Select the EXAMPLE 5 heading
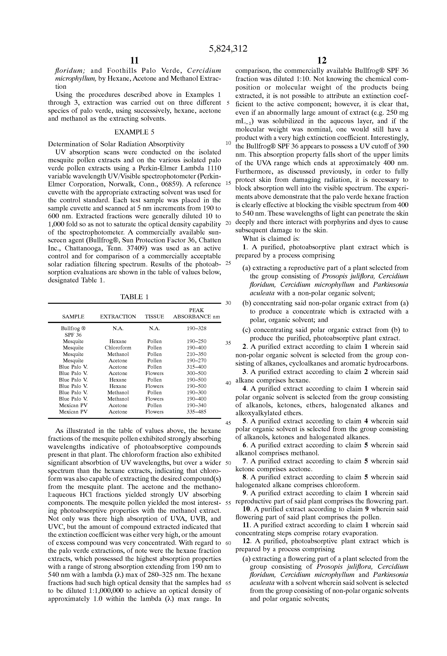click(134, 132)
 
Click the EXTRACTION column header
click(118, 317)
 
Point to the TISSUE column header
click(154, 317)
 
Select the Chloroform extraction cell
click(118, 348)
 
